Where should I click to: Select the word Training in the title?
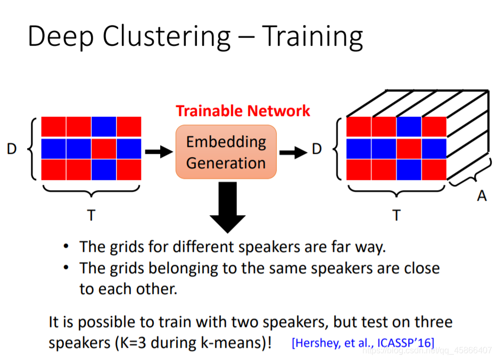tap(313, 37)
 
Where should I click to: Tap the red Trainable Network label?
tap(243, 111)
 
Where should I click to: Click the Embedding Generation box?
tap(226, 152)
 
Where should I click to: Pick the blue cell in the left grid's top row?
tap(104, 127)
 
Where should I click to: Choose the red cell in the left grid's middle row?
tap(104, 149)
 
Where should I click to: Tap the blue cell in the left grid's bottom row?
tap(104, 169)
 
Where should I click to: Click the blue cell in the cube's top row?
tap(409, 127)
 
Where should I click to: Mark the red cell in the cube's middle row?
tap(409, 149)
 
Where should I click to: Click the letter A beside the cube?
tap(482, 196)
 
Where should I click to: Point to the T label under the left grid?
tap(92, 215)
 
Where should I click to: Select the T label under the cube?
tap(396, 215)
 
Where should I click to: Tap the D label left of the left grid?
tap(12, 150)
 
